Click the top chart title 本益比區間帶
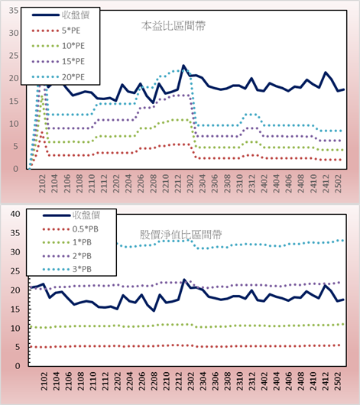point(174,26)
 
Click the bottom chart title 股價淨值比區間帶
point(181,235)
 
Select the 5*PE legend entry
point(56,31)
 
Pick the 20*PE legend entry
point(58,77)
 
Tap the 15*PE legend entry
point(58,61)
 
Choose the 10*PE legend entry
point(58,46)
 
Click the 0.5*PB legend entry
point(70,229)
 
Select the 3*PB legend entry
point(67,269)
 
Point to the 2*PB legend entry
point(67,256)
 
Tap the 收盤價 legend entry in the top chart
point(60,15)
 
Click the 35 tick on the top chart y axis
point(14,11)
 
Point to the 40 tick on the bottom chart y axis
point(15,214)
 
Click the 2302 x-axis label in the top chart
point(190,183)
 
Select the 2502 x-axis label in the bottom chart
point(338,381)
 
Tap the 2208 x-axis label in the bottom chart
point(154,381)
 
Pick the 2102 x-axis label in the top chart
point(42,183)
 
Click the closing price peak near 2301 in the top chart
point(183,66)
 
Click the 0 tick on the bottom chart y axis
point(18,366)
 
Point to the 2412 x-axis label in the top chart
point(326,183)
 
